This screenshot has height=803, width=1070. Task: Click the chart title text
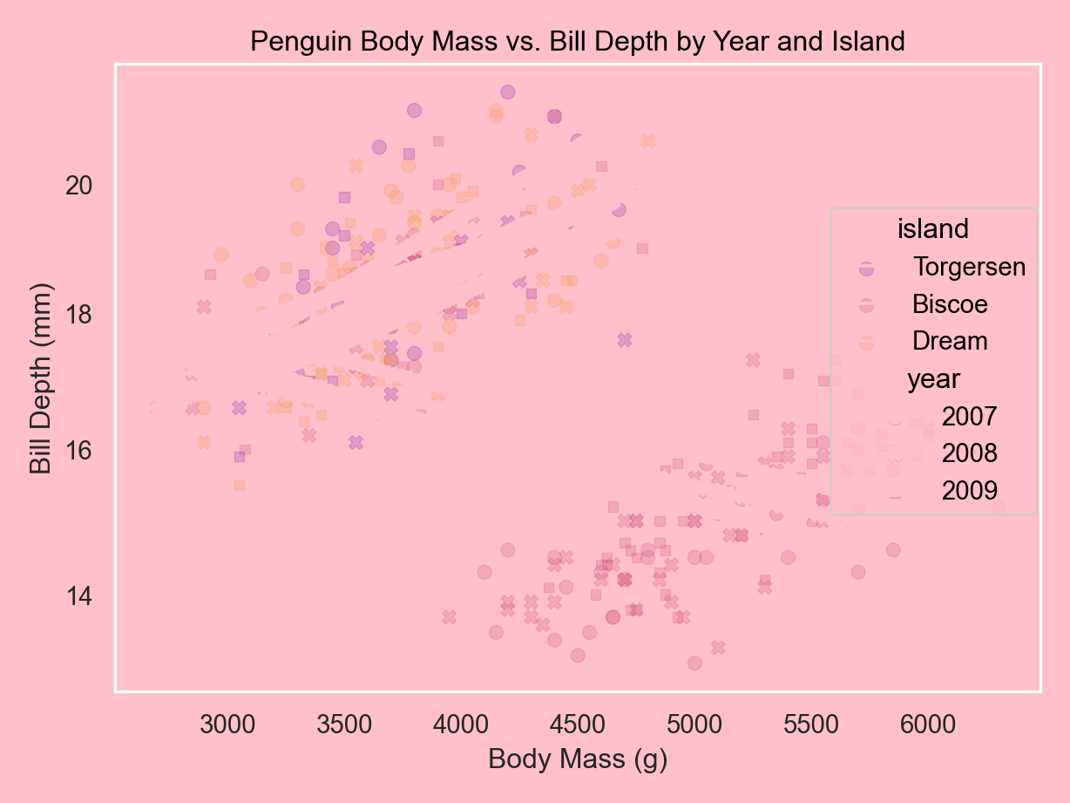pyautogui.click(x=578, y=41)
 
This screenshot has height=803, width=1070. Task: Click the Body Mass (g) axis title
pyautogui.click(x=578, y=759)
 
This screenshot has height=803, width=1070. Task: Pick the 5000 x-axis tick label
pyautogui.click(x=694, y=725)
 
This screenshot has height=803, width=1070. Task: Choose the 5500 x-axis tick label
pyautogui.click(x=810, y=725)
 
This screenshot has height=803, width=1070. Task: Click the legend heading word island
pyautogui.click(x=933, y=229)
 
